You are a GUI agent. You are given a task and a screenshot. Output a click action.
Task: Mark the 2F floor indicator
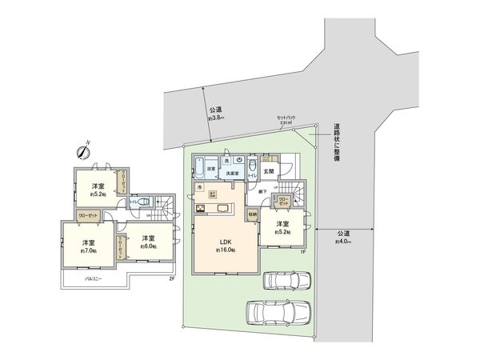170,278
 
